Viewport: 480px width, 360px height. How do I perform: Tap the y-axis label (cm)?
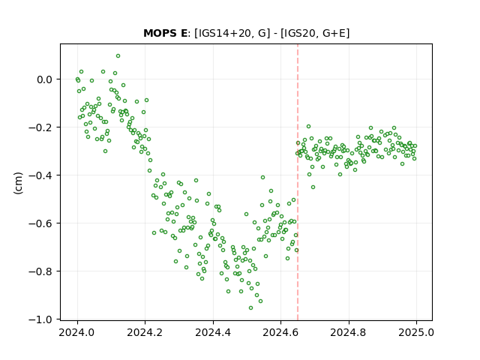18,183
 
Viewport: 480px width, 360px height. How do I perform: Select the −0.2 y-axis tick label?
40,127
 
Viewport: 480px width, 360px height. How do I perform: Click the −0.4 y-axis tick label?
40,175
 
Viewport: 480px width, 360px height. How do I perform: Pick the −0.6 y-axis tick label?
40,223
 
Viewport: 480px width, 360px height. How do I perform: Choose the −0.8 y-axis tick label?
40,271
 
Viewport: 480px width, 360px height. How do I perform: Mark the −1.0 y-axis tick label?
40,319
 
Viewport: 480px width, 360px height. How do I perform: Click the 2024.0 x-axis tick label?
77,332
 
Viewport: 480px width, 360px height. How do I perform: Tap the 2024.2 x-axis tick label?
145,332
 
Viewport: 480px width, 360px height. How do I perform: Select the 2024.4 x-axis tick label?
213,332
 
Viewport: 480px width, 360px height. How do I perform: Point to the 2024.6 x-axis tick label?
280,332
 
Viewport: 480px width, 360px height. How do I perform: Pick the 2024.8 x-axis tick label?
348,332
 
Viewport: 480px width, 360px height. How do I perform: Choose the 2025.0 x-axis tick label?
416,332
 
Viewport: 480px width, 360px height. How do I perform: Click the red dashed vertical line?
298,182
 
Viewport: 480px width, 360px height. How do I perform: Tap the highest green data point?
118,56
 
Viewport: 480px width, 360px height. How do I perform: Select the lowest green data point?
251,308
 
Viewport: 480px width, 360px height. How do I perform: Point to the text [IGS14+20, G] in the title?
232,33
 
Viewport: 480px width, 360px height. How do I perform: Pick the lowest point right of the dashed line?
313,187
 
